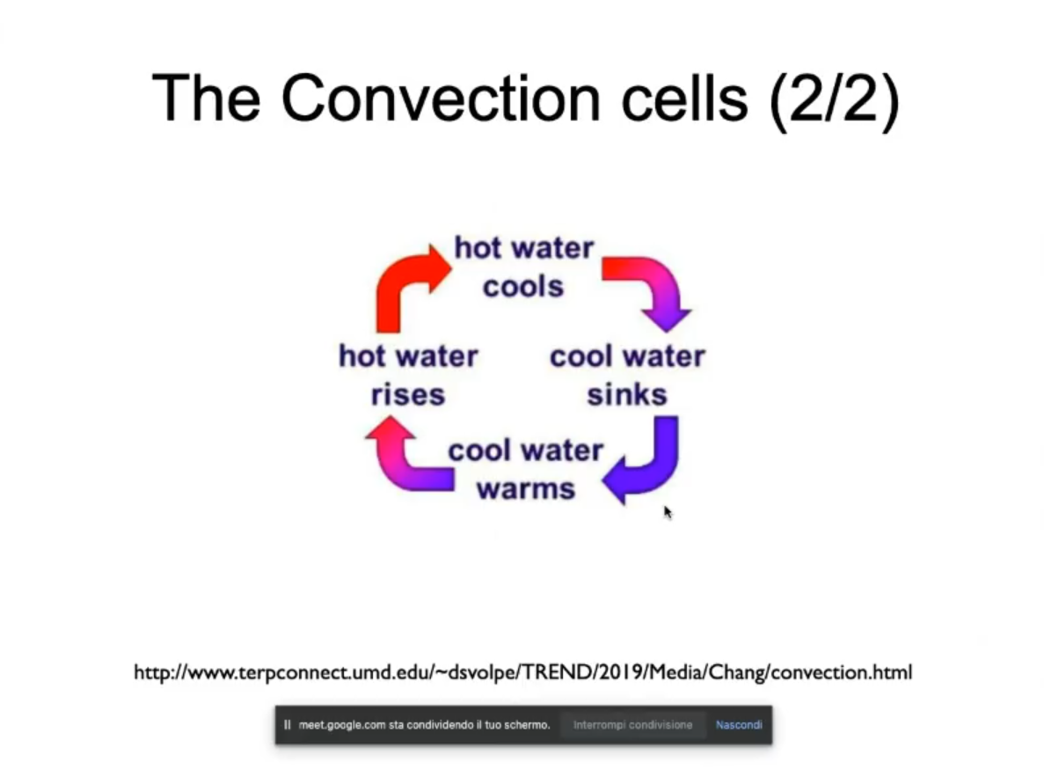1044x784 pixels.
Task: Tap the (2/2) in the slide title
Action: (835, 100)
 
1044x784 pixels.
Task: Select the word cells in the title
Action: (684, 98)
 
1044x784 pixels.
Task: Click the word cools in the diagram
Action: (523, 287)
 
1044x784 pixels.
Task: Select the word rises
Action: (407, 395)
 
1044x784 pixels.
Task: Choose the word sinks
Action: (626, 394)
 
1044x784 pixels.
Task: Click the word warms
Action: (526, 489)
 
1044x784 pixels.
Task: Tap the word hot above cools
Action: (478, 248)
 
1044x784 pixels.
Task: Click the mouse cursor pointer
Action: (668, 512)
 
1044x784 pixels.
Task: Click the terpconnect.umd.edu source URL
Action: (522, 673)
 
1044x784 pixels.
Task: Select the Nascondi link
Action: (739, 725)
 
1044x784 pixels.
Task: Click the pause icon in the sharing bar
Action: (287, 725)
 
